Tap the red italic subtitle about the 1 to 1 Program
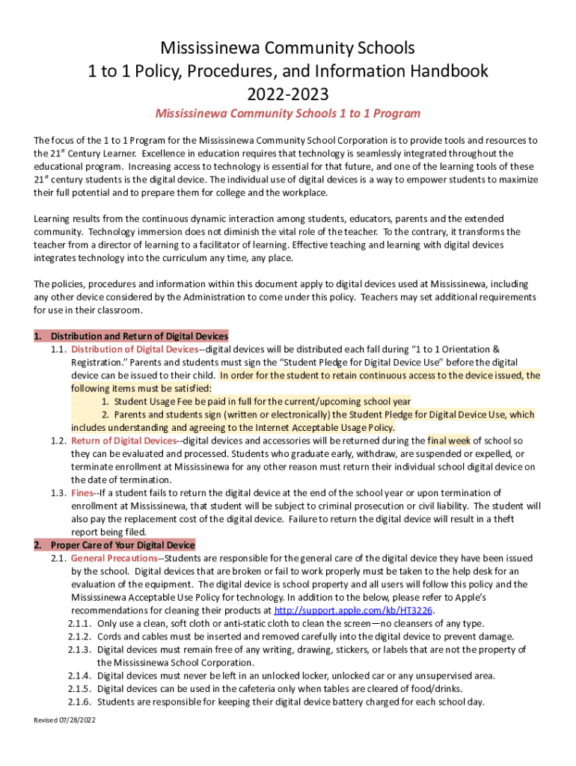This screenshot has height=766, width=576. [x=287, y=114]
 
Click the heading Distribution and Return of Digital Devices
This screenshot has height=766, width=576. [x=139, y=336]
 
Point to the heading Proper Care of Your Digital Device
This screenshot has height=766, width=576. [x=123, y=545]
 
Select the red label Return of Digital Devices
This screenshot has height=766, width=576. [x=123, y=441]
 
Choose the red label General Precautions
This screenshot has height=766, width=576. [x=114, y=558]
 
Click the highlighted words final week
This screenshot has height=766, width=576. [x=449, y=441]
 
